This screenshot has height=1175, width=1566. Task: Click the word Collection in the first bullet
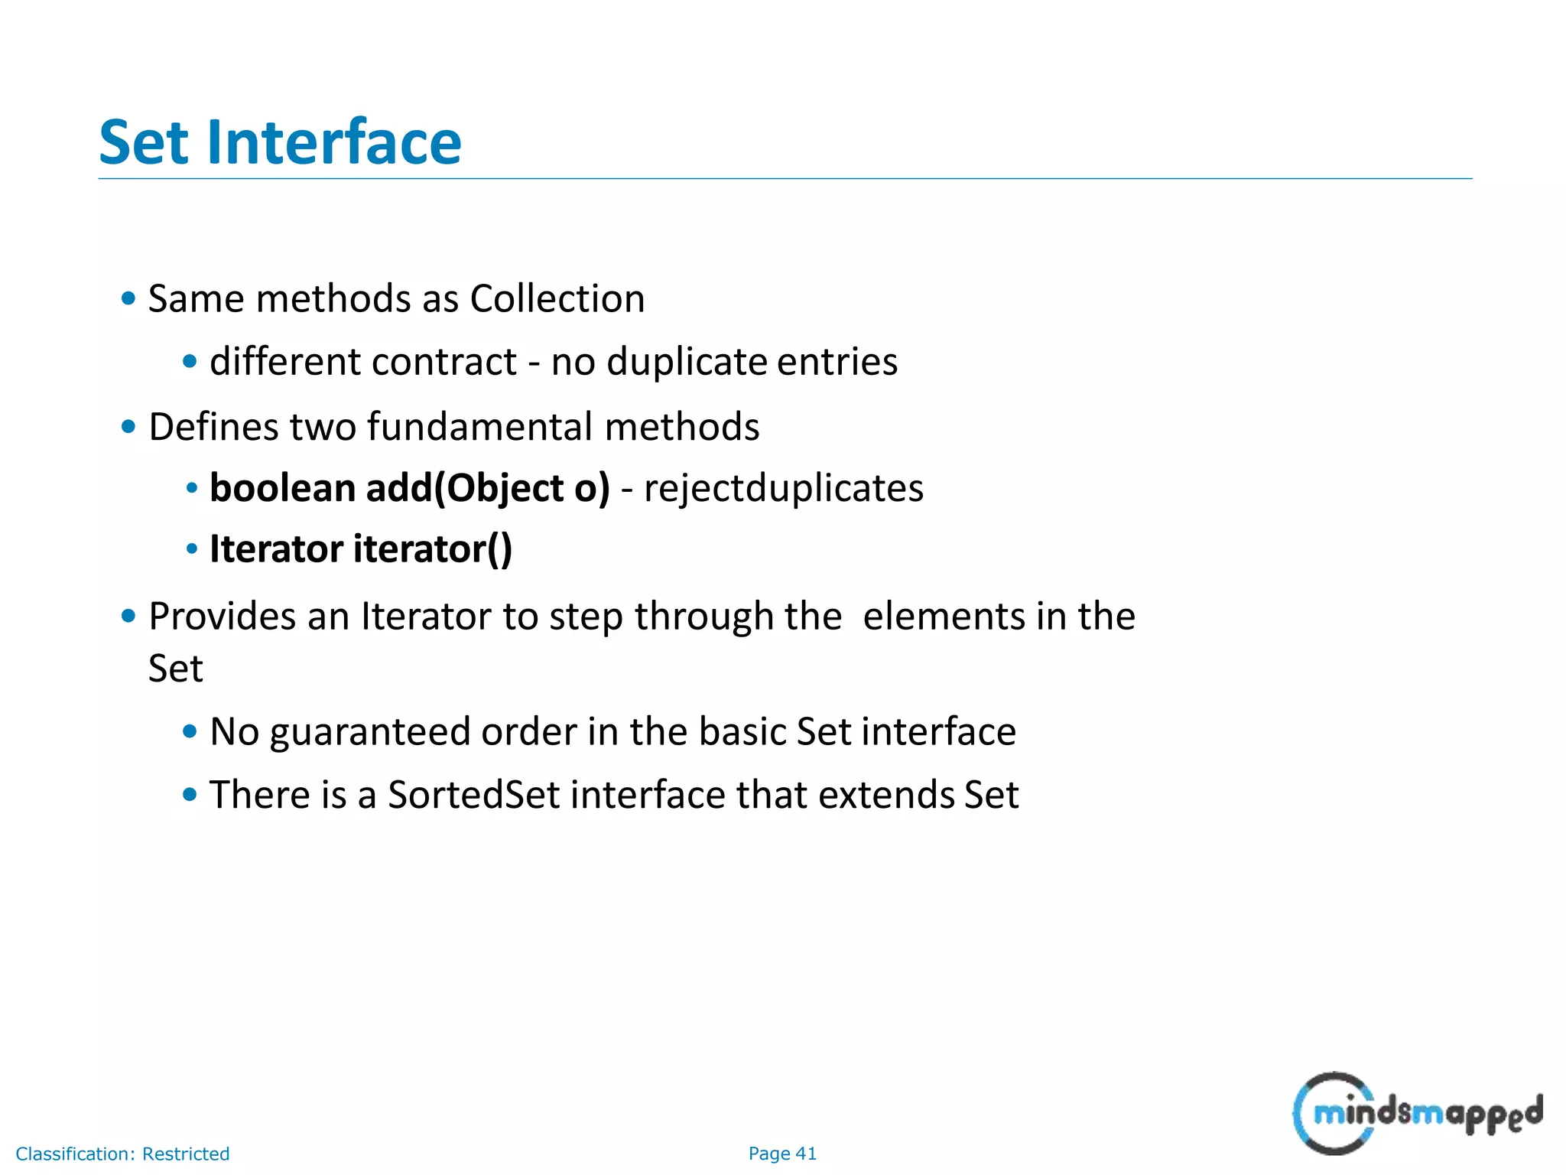coord(557,298)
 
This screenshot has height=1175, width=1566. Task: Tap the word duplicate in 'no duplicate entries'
coord(687,361)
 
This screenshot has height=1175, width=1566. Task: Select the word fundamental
coord(479,427)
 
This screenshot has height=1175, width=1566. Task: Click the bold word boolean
coord(282,488)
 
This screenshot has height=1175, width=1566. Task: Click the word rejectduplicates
coord(783,488)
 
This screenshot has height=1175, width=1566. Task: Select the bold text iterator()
coord(432,549)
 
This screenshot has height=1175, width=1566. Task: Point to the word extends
coord(885,795)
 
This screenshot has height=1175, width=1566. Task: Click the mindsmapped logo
coord(1416,1113)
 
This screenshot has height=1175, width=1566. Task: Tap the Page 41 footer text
coord(782,1154)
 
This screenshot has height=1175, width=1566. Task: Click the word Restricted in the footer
coord(186,1154)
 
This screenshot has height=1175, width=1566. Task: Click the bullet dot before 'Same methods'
coord(128,298)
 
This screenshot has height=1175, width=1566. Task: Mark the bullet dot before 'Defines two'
coord(128,427)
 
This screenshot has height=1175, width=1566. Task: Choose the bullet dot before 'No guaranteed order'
coord(190,732)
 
